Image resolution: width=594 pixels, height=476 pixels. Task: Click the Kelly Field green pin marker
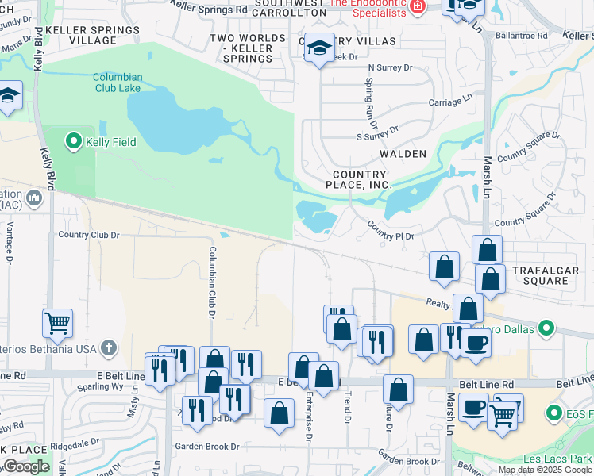tap(75, 142)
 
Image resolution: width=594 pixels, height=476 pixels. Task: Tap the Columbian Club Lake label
tap(118, 83)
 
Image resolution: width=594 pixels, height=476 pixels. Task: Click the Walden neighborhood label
tap(403, 154)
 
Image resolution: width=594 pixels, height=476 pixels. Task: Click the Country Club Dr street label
tap(88, 235)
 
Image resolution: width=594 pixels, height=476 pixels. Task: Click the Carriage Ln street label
tap(445, 102)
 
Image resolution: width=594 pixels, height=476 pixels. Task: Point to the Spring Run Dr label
tap(369, 103)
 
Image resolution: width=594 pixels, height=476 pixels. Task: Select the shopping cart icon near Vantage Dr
tap(57, 323)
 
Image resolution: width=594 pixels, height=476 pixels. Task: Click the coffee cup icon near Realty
tap(476, 343)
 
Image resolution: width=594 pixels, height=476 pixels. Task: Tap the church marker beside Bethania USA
tap(108, 347)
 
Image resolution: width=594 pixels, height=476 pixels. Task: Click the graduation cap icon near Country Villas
tap(319, 49)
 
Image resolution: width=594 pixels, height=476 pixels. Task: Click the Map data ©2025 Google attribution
tap(544, 470)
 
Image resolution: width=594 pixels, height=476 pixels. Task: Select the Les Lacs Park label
tap(557, 459)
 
